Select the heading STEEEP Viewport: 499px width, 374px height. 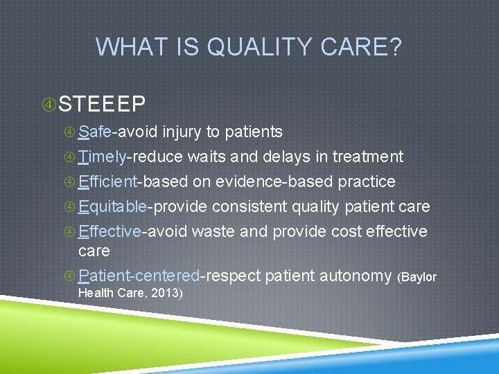(103, 104)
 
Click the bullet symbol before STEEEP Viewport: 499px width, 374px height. (49, 105)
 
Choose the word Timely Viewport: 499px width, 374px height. (102, 157)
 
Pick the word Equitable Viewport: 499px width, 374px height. (112, 206)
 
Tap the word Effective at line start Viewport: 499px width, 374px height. (110, 231)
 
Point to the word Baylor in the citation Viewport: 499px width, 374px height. (419, 277)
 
